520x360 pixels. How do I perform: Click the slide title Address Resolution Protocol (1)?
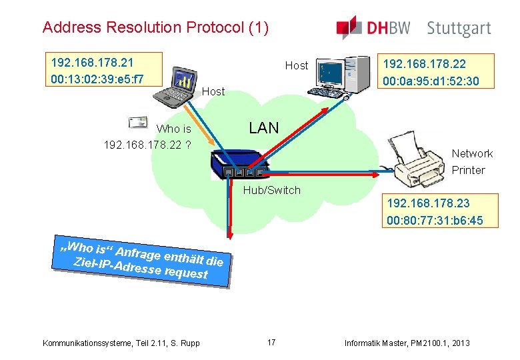pyautogui.click(x=155, y=27)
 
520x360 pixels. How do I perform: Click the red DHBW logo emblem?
pyautogui.click(x=349, y=27)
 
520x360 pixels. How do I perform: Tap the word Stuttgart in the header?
pyautogui.click(x=459, y=29)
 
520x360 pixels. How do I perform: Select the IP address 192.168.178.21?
pyautogui.click(x=92, y=63)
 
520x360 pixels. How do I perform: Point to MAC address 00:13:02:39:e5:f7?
pyautogui.click(x=97, y=79)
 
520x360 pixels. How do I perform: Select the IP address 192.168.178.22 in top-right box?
pyautogui.click(x=423, y=65)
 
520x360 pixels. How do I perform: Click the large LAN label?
pyautogui.click(x=263, y=128)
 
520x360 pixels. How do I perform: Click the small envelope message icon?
pyautogui.click(x=139, y=121)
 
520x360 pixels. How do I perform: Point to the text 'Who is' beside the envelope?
pyautogui.click(x=173, y=129)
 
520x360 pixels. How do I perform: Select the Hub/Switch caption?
pyautogui.click(x=271, y=190)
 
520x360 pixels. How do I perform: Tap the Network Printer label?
pyautogui.click(x=471, y=161)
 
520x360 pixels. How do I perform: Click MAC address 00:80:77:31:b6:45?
pyautogui.click(x=435, y=220)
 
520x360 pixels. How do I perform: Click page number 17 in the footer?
pyautogui.click(x=271, y=343)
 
